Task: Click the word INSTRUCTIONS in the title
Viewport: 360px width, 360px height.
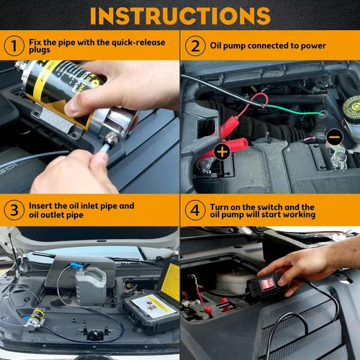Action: (180, 14)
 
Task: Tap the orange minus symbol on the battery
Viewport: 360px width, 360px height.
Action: (334, 135)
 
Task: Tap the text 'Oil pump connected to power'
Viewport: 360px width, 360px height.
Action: (268, 46)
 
